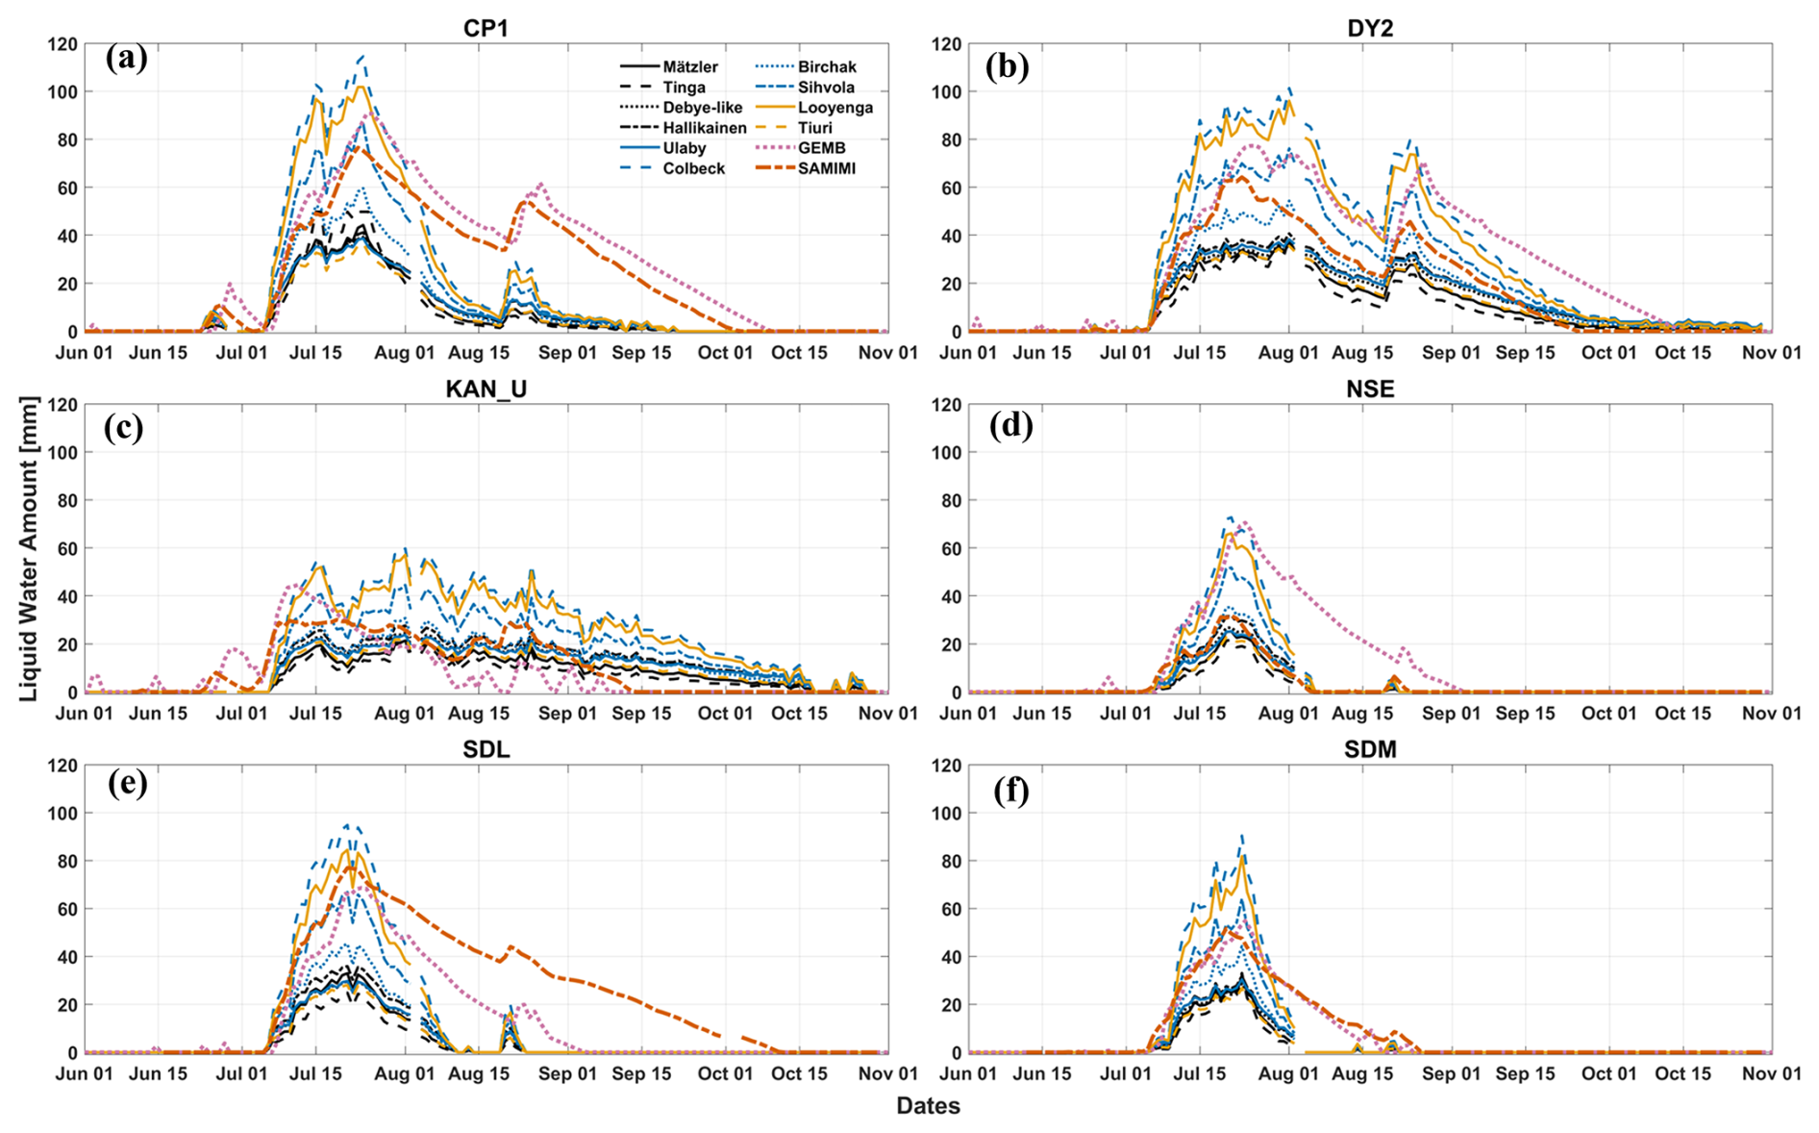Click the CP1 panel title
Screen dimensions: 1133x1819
[486, 28]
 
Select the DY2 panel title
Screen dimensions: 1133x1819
[1370, 28]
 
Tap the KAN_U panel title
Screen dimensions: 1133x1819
[486, 389]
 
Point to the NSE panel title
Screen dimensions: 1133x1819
[1370, 389]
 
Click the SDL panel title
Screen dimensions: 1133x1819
[486, 749]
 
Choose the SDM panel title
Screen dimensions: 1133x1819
[1370, 749]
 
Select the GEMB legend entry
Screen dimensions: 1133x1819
[821, 148]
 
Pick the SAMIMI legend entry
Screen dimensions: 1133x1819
[826, 168]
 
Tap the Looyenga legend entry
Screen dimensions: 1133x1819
[835, 108]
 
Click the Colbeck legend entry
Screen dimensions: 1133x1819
[693, 168]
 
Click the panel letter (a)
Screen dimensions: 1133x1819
[127, 59]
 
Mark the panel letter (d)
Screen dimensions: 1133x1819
[1010, 424]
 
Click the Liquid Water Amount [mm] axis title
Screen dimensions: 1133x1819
[29, 548]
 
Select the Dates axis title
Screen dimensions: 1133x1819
[928, 1106]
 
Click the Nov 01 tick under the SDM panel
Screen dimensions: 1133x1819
[1772, 1074]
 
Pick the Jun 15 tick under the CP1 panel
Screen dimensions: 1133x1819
[158, 353]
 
